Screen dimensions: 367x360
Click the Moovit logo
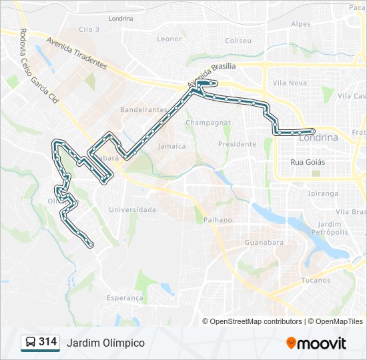316,343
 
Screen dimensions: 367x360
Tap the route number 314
48,342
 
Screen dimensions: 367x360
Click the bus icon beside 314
30,343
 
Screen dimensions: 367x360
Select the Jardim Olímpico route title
105,343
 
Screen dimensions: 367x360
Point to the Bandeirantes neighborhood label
143,109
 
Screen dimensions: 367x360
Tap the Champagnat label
208,123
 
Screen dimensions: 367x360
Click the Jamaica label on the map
172,145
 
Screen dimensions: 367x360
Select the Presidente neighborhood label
238,143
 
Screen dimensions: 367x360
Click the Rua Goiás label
308,161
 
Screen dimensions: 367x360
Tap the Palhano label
218,219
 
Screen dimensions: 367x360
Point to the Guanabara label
264,242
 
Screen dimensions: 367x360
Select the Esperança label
125,298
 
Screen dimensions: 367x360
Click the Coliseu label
238,41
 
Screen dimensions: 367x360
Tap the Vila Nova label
290,83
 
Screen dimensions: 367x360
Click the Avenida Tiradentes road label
77,53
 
